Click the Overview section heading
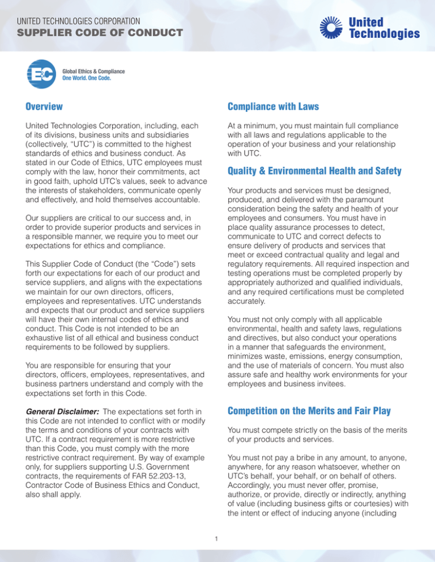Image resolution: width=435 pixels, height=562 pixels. coord(44,106)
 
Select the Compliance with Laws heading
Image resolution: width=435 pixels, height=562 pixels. coord(273,106)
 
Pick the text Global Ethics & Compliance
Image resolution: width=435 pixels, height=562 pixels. coord(93,72)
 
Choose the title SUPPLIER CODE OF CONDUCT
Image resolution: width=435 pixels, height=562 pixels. coord(99,33)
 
